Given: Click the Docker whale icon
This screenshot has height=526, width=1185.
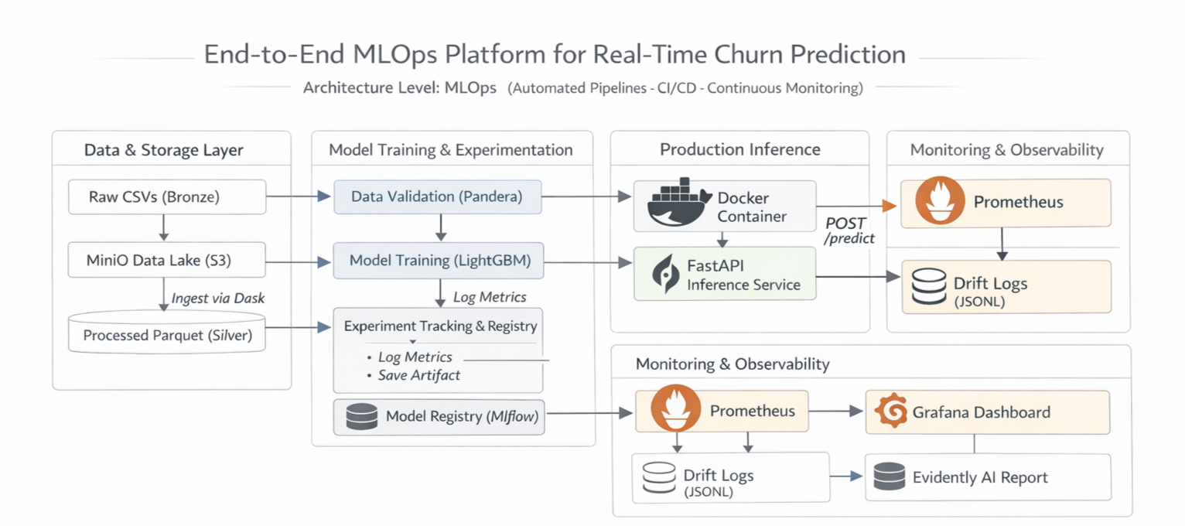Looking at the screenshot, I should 678,204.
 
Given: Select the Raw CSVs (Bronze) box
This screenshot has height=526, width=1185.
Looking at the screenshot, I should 166,197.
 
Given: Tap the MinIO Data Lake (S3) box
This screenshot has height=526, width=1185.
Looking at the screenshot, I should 166,261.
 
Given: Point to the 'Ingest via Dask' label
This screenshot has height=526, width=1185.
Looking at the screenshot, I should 218,298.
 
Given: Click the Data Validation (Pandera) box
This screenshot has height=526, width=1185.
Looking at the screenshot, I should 437,197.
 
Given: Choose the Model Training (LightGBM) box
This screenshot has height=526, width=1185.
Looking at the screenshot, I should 439,261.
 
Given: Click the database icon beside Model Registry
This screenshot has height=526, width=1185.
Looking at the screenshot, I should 361,417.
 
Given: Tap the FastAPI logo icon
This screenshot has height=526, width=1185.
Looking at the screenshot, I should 666,274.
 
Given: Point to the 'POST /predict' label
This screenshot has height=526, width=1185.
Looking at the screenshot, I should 849,231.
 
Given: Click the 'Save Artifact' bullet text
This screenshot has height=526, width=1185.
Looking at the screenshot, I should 418,375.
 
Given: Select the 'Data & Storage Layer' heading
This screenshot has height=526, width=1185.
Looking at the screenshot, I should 163,150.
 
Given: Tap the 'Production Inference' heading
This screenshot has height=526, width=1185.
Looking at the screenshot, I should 739,149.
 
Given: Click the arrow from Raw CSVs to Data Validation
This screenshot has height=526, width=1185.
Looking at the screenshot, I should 299,197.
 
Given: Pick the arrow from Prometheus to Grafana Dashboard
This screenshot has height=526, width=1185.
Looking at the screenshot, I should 836,412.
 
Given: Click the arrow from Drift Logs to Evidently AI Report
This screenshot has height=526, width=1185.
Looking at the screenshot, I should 846,476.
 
